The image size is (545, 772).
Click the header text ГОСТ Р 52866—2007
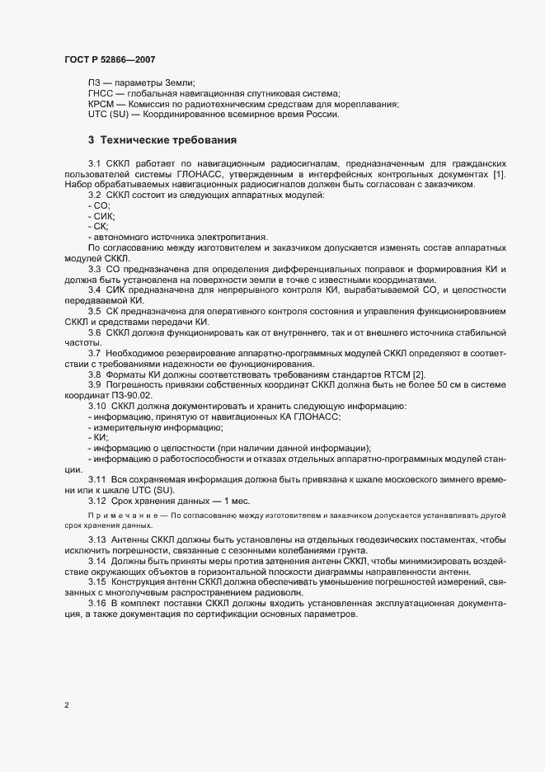109,59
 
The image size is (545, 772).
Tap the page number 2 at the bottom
67,705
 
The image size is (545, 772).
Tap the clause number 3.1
94,163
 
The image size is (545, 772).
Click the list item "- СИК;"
101,216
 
